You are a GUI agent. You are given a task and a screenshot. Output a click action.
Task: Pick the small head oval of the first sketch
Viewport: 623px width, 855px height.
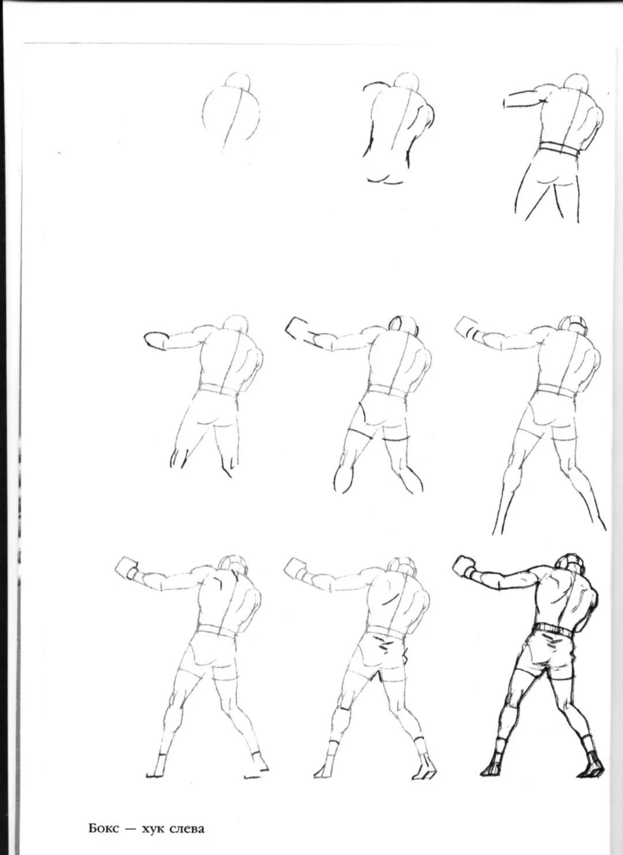pyautogui.click(x=237, y=81)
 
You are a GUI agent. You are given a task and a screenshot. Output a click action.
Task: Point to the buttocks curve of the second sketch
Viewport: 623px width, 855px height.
pyautogui.click(x=386, y=180)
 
